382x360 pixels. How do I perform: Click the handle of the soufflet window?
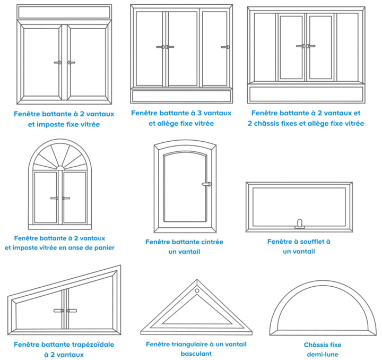300,224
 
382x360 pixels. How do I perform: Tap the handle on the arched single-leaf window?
206,184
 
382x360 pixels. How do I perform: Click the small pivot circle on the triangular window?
197,291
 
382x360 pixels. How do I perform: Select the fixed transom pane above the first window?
64,12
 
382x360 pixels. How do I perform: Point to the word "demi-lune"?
323,354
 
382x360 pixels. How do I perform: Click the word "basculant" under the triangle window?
196,354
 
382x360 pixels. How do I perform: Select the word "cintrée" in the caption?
212,242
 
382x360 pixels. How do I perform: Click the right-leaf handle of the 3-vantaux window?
225,47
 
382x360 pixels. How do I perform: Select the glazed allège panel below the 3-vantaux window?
181,96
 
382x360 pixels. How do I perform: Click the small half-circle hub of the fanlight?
60,168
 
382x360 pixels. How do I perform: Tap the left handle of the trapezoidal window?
59,311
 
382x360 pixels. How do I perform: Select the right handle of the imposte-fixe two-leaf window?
71,63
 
